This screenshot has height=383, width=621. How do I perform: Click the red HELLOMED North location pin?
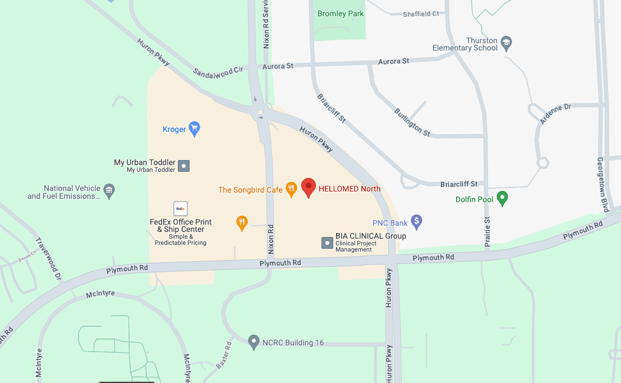309,187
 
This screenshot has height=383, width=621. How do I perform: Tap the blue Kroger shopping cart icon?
194,129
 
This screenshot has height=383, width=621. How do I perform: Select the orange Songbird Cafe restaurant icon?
291,189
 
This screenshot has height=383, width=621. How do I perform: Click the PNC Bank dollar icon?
416,222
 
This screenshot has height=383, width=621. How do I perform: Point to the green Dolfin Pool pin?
503,198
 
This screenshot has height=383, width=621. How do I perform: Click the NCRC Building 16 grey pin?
254,341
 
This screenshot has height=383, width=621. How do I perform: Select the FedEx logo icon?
181,208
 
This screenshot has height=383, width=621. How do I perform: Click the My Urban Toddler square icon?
184,166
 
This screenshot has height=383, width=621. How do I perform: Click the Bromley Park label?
341,13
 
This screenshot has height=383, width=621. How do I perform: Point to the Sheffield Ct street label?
421,14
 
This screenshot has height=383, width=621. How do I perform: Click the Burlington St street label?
412,122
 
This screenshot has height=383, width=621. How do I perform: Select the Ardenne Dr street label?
555,113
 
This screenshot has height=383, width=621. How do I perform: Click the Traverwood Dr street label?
48,258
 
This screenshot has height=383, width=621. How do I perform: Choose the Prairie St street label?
487,231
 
